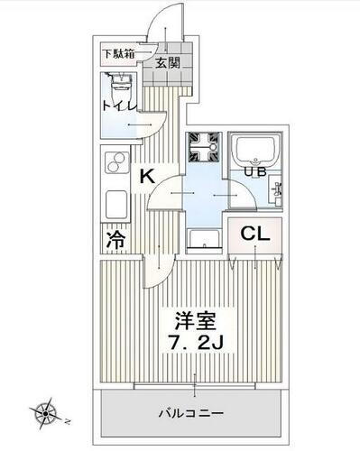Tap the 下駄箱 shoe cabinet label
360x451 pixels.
point(117,52)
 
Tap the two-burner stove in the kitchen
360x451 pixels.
point(115,163)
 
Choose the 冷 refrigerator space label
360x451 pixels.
point(115,241)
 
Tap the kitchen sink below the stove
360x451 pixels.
point(115,200)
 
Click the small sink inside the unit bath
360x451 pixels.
point(277,190)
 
